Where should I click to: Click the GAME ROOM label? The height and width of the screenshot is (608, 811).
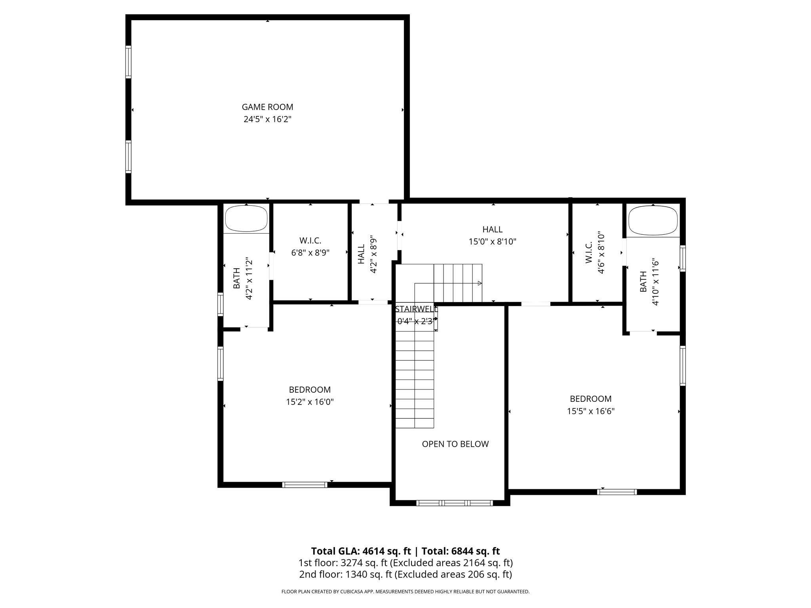coord(267,107)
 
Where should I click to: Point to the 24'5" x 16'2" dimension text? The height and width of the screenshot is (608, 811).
coord(267,119)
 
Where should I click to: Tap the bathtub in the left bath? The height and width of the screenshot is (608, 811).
coord(246,218)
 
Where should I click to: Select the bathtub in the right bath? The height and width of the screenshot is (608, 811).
coord(653,220)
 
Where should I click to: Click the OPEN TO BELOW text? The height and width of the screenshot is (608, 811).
coord(455,444)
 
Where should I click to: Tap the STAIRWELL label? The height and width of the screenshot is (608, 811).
coord(416,309)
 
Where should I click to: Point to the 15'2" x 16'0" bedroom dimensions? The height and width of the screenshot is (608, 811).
coord(310,402)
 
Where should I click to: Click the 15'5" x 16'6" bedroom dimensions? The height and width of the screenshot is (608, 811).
coord(590,411)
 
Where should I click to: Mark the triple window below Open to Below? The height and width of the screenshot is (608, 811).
coord(455,503)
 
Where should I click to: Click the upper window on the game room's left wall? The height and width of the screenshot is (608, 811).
coord(128,61)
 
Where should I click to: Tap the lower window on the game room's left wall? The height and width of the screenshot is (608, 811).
coord(128,157)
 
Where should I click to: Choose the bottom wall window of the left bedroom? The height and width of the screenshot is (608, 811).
coord(305,484)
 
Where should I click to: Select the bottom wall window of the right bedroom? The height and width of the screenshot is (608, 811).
coord(617,492)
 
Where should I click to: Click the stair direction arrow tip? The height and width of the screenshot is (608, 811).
coord(480,283)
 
